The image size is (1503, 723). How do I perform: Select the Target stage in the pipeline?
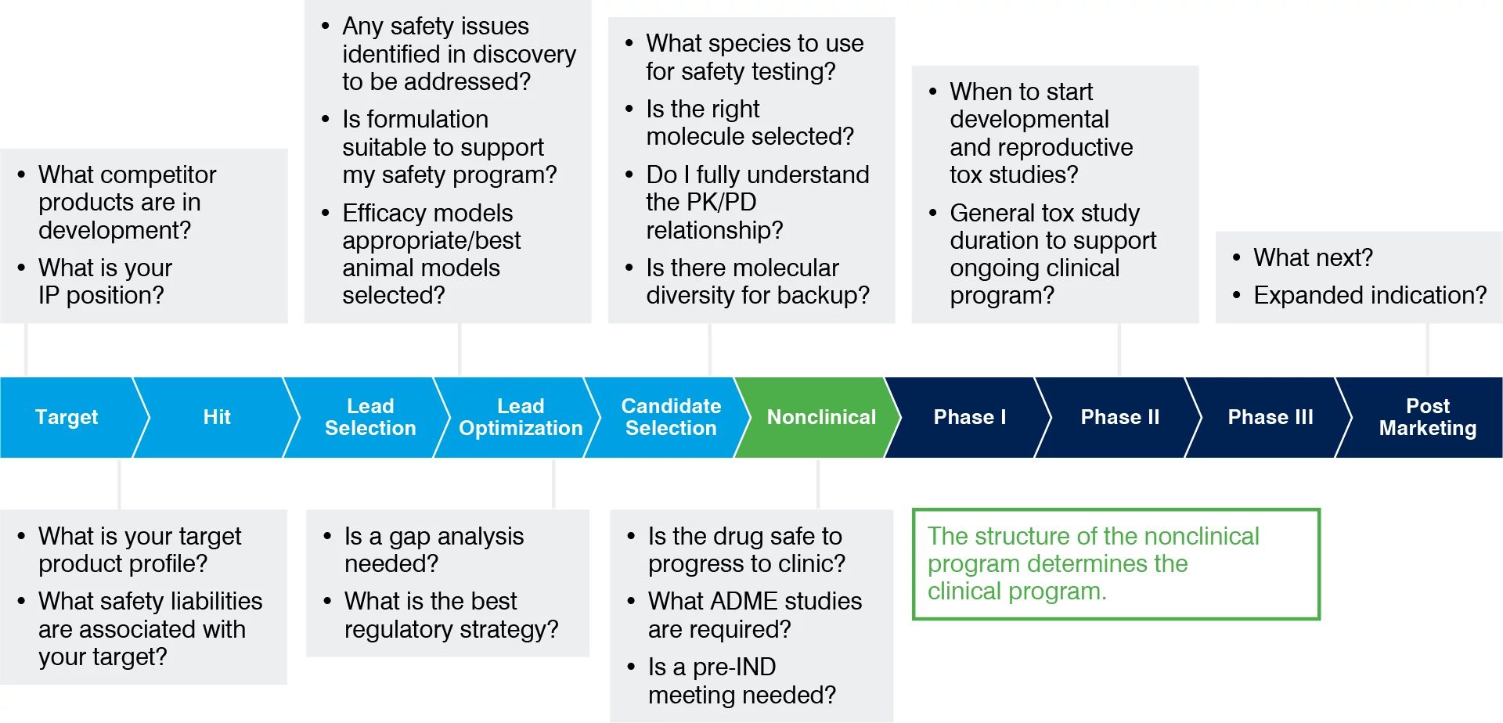[67, 417]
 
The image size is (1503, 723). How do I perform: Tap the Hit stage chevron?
[217, 417]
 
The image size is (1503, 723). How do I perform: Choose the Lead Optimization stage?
[520, 417]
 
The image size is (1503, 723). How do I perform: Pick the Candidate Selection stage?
[670, 417]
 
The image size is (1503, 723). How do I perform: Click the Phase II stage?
[1119, 417]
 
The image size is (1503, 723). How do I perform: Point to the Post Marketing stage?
[1427, 417]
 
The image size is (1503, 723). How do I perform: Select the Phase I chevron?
[969, 417]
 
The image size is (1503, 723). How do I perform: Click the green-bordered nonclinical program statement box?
[1116, 564]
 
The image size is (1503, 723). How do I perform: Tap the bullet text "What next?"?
[1313, 257]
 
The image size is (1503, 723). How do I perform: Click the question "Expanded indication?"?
[1369, 295]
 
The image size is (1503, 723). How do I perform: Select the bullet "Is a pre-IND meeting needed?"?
[741, 681]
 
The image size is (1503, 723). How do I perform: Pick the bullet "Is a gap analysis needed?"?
[433, 549]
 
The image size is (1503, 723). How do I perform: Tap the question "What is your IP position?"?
[104, 281]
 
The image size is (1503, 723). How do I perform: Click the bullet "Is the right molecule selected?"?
[749, 122]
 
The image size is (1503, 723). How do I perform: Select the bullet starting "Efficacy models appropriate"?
[431, 254]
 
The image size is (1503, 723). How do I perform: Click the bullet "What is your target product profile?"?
[139, 549]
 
